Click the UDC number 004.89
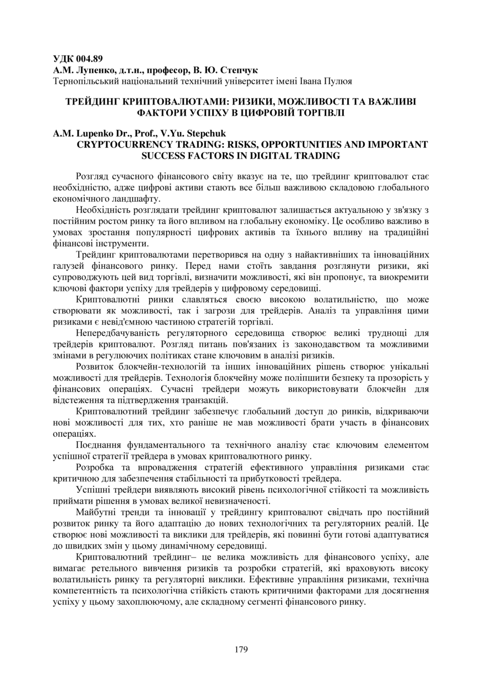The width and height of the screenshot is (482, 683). coord(89,59)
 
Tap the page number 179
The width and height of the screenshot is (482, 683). coord(240,649)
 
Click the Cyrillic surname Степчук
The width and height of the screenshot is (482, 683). coord(240,70)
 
